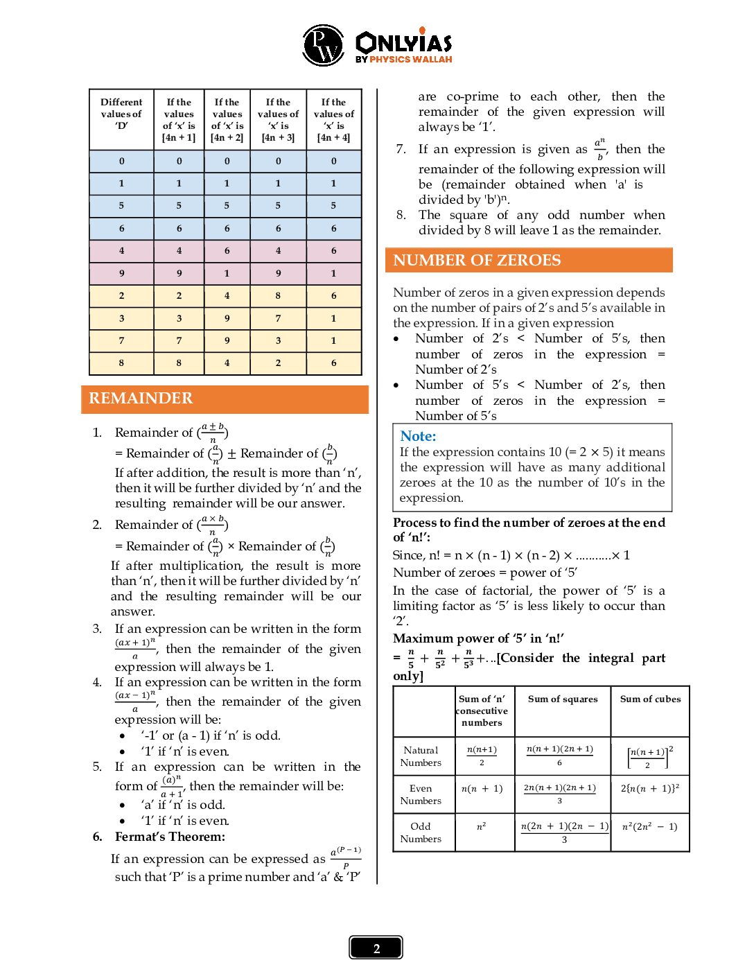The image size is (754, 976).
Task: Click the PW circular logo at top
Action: [322, 45]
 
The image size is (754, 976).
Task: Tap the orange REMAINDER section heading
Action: [141, 399]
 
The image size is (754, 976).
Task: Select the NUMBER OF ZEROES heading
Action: [477, 261]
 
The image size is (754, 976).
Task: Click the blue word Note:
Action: [418, 436]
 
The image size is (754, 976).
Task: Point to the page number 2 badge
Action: [376, 948]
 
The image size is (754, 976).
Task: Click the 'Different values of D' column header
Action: [121, 114]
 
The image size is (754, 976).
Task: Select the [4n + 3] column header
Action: [278, 119]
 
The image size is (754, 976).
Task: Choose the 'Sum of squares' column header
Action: [562, 699]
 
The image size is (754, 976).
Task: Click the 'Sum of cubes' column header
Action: [650, 699]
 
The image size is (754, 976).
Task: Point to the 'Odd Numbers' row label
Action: [421, 833]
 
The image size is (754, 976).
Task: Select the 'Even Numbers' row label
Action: [421, 794]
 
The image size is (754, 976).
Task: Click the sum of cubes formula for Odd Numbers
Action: [649, 826]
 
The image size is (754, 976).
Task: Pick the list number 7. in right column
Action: [401, 149]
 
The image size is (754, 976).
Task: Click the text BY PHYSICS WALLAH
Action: [403, 60]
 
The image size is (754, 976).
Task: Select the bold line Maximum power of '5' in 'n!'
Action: [478, 638]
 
